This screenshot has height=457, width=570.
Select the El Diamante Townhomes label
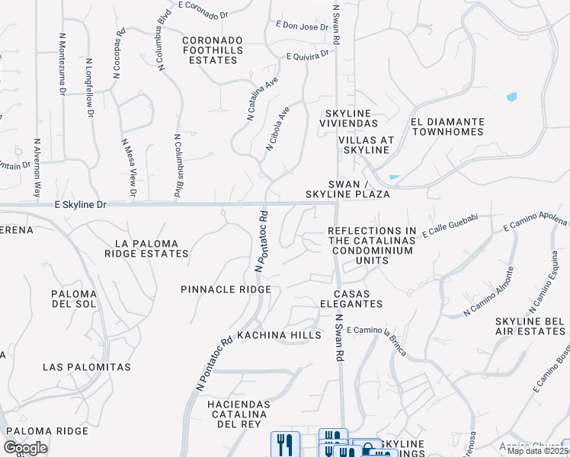tap(447, 126)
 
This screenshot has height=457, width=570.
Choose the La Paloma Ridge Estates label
tap(146, 249)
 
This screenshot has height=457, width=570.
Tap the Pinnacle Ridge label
tap(226, 289)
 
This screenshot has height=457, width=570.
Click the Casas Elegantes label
tap(357, 299)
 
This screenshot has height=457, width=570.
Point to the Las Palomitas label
tap(87, 367)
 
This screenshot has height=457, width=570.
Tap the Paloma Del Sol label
tap(74, 299)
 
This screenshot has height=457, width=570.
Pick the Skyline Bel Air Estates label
tap(530, 327)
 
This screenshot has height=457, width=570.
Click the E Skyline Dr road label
tap(81, 206)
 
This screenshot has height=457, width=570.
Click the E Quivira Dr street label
tap(308, 55)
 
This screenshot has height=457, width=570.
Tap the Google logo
tap(25, 448)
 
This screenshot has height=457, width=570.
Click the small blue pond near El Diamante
tap(511, 97)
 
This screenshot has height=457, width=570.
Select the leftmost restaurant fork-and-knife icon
tap(285, 443)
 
